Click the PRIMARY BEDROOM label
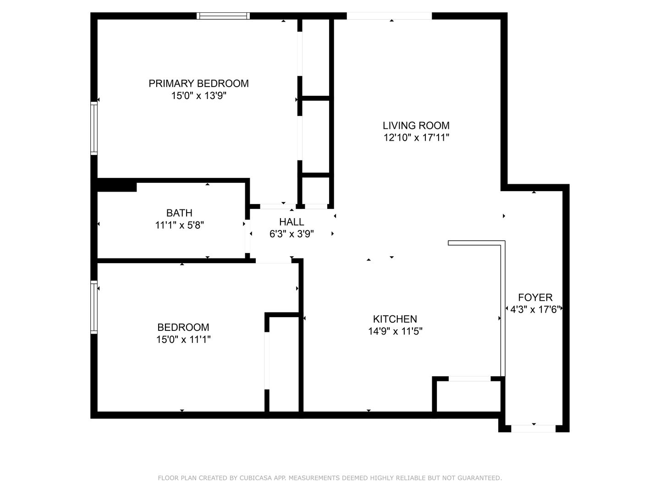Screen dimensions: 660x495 [198, 83]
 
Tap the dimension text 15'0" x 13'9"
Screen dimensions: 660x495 [199, 96]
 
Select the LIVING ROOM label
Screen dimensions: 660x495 [416, 125]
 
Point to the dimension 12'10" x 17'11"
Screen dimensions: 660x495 [416, 137]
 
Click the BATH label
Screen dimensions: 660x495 [179, 213]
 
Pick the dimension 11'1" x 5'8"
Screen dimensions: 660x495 [180, 225]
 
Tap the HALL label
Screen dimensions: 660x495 [291, 222]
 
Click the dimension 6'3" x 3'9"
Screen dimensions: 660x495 [291, 234]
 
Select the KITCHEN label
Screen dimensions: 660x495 [395, 319]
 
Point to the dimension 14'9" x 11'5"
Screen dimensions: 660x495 [396, 331]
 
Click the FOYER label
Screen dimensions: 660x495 [535, 297]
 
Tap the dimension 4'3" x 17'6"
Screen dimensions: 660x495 [535, 309]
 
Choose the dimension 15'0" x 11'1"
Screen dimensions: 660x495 [183, 339]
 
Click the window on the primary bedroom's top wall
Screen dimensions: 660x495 [223, 16]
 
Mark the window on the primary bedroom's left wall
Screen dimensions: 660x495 [94, 128]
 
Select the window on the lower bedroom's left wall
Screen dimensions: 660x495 [94, 307]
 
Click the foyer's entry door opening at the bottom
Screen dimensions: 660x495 [533, 429]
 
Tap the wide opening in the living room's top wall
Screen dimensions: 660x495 [390, 16]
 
